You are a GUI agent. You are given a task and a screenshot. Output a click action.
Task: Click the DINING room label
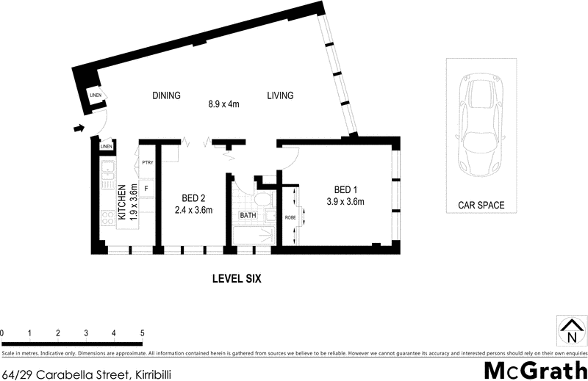(166, 95)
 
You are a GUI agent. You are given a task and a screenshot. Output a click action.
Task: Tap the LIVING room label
(280, 95)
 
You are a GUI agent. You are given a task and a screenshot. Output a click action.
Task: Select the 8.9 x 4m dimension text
(224, 104)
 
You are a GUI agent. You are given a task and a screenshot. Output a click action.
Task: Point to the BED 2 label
(193, 197)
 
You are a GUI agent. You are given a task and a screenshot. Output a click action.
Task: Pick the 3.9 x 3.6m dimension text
(345, 202)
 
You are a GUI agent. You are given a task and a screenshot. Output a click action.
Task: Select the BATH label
(248, 216)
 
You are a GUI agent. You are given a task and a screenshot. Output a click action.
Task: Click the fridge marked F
(146, 189)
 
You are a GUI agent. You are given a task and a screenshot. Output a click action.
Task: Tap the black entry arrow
(78, 130)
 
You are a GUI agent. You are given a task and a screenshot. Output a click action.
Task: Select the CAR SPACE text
(481, 206)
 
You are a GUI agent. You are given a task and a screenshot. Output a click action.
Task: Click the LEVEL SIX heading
(237, 279)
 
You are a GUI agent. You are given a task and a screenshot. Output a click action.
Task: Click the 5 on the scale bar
(142, 333)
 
